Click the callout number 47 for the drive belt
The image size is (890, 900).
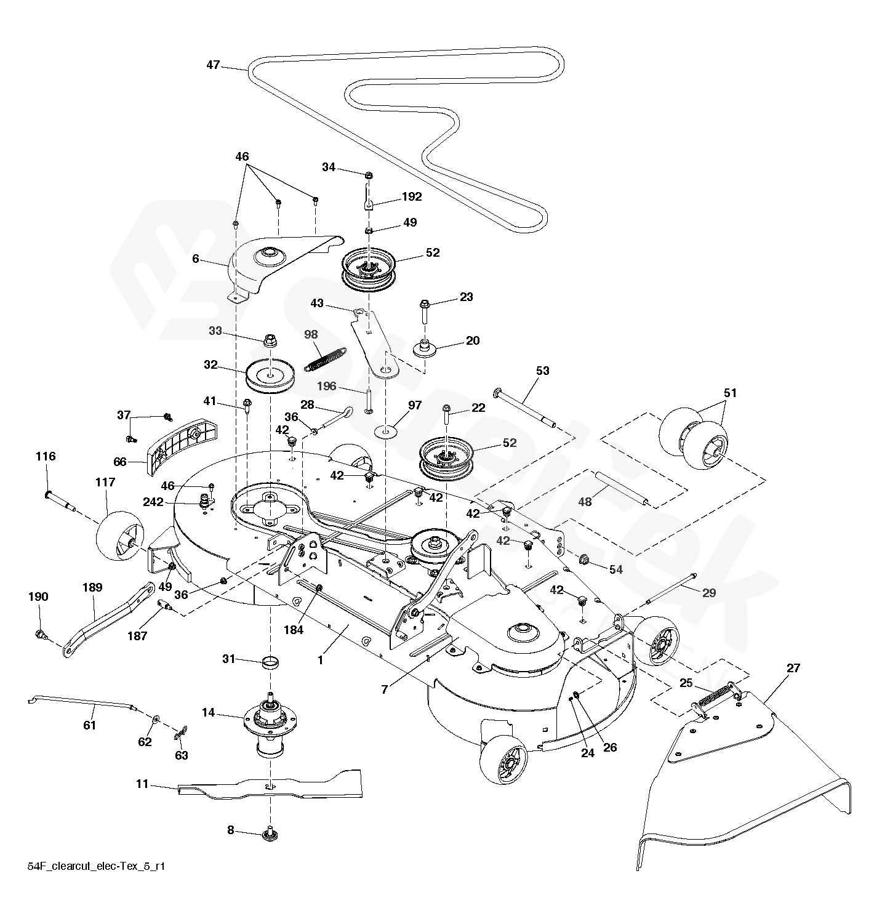pyautogui.click(x=213, y=65)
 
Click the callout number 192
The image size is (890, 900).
pyautogui.click(x=412, y=196)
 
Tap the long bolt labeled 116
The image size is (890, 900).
pyautogui.click(x=60, y=500)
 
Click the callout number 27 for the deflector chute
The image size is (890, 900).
pyautogui.click(x=793, y=669)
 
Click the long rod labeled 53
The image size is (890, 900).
pyautogui.click(x=524, y=407)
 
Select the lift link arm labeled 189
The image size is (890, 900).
pyautogui.click(x=108, y=619)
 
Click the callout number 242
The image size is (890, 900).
pyautogui.click(x=153, y=502)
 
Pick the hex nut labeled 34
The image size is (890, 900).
pyautogui.click(x=367, y=175)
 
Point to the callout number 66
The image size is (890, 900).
pyautogui.click(x=120, y=462)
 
